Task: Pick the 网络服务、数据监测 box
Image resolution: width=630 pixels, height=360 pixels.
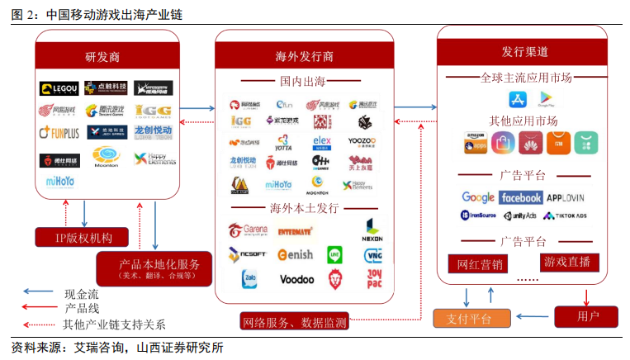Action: pyautogui.click(x=295, y=321)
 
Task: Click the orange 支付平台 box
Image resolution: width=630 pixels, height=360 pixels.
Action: pyautogui.click(x=467, y=318)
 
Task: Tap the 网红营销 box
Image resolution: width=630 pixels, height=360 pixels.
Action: pyautogui.click(x=480, y=264)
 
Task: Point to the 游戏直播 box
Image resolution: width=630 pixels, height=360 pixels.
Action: pyautogui.click(x=566, y=263)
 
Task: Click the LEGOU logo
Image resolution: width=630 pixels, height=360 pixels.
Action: pyautogui.click(x=59, y=88)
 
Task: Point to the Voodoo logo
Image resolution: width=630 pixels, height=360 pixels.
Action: pyautogui.click(x=296, y=280)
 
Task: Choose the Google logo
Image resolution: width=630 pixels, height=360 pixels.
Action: pyautogui.click(x=478, y=197)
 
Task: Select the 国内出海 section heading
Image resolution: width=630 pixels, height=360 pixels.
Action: pyautogui.click(x=304, y=82)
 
